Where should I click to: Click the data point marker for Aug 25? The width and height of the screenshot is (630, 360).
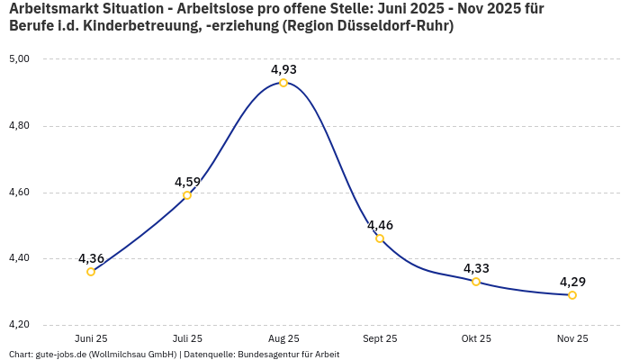click(283, 83)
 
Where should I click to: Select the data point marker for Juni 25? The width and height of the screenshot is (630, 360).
click(91, 272)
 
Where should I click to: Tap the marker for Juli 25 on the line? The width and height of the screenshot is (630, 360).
click(187, 195)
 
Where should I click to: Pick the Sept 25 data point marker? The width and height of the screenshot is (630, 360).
click(380, 238)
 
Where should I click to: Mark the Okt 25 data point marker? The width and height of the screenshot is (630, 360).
click(476, 282)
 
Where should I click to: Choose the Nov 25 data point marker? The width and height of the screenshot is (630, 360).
click(572, 295)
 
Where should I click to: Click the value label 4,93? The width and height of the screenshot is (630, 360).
click(283, 69)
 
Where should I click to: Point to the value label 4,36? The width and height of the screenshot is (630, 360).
click(91, 258)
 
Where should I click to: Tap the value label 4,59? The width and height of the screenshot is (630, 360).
click(187, 182)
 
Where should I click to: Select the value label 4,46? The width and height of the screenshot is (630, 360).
click(380, 225)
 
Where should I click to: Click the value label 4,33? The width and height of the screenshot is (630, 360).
click(476, 268)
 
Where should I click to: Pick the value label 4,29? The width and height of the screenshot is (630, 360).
click(572, 282)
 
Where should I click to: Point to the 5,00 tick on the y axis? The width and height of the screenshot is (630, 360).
click(19, 59)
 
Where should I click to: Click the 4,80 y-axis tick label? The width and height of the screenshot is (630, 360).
click(19, 126)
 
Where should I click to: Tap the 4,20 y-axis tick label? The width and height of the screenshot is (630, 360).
click(19, 325)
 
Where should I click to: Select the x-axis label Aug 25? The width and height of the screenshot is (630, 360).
click(283, 338)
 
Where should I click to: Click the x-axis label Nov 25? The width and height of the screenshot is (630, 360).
click(572, 338)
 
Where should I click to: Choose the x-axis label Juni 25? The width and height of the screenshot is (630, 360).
click(91, 338)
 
